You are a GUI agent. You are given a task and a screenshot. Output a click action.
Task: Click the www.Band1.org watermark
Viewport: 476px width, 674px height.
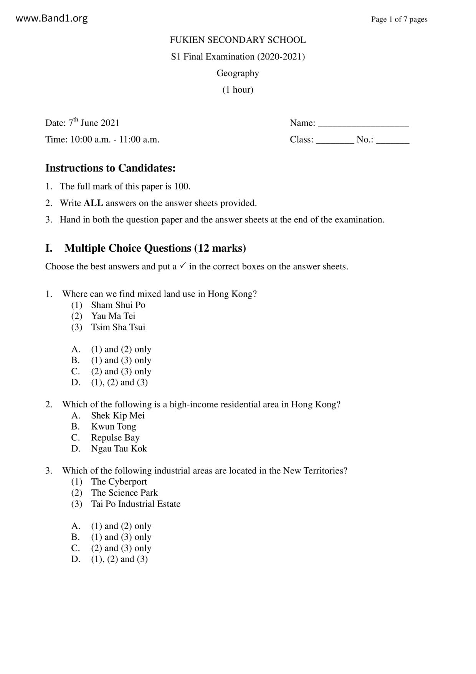(51, 18)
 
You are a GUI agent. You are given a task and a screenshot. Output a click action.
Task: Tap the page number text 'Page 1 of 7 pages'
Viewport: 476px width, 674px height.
(399, 19)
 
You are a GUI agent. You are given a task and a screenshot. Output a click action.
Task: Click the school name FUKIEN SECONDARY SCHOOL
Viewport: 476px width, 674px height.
(238, 40)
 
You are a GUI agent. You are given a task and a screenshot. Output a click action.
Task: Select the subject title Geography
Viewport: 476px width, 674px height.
(238, 73)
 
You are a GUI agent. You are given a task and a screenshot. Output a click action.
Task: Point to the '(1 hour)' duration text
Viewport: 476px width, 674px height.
(238, 90)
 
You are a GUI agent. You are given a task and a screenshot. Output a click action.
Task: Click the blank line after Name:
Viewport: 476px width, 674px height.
(364, 124)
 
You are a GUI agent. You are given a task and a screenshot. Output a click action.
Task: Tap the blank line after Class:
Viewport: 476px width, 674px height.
(335, 140)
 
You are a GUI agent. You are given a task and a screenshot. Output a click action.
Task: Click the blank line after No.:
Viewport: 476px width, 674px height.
(392, 140)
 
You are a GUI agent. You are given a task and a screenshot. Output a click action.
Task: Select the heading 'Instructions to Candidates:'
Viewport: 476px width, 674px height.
(110, 168)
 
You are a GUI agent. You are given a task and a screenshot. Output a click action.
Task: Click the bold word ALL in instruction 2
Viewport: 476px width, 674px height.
(93, 203)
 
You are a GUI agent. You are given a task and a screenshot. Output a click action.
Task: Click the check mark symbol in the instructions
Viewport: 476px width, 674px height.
(183, 266)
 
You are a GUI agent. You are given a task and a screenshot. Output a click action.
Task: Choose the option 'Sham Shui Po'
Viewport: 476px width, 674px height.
(118, 305)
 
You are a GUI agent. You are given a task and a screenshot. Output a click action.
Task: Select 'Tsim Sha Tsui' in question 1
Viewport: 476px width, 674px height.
(118, 327)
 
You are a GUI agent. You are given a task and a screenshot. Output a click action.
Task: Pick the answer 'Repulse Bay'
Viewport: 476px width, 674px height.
(115, 438)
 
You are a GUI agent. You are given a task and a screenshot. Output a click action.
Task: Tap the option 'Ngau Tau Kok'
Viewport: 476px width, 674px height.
(119, 449)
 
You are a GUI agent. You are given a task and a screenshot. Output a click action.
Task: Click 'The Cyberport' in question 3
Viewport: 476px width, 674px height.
(119, 482)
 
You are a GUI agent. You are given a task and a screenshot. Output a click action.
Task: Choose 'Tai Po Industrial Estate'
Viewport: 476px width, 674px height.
(136, 504)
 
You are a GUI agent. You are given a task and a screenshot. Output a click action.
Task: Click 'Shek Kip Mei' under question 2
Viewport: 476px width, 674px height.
(118, 415)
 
